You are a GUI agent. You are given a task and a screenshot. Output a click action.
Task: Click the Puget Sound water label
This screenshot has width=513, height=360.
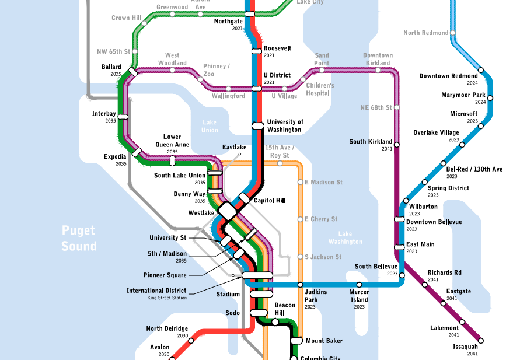pos(79,238)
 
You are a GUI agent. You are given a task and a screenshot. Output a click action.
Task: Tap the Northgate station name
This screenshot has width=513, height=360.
pos(229,21)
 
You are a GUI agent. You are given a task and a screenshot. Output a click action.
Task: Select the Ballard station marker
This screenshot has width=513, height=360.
pos(133,72)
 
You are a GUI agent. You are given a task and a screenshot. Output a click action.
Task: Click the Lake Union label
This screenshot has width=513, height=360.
pos(210,126)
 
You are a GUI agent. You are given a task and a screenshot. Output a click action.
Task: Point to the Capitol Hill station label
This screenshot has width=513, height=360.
pos(269,200)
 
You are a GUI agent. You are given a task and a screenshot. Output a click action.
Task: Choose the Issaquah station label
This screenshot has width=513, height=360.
pos(465,347)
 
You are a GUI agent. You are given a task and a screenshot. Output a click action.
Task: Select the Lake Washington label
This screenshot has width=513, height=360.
pos(341,237)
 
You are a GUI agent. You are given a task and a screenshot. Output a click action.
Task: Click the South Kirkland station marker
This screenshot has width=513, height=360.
pos(397,144)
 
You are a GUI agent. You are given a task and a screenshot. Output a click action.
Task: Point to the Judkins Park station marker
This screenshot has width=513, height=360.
pos(300,285)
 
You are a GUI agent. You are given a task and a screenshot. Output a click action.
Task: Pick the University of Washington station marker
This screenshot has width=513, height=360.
pos(257,125)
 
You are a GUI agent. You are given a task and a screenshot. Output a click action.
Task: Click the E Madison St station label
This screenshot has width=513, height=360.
pos(323,182)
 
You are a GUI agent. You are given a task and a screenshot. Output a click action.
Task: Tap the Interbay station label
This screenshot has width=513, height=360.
pos(104,113)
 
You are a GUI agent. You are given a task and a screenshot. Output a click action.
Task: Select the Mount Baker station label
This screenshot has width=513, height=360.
pos(324,340)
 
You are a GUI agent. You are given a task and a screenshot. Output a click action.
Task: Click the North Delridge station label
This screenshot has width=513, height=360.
pos(167,328)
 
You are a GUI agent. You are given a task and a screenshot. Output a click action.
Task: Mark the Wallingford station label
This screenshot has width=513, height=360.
pos(228,96)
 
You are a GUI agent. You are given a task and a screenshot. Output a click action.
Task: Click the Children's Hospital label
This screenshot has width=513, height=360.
pos(320,89)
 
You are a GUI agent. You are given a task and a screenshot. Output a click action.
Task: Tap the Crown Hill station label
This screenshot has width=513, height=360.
pos(125,18)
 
